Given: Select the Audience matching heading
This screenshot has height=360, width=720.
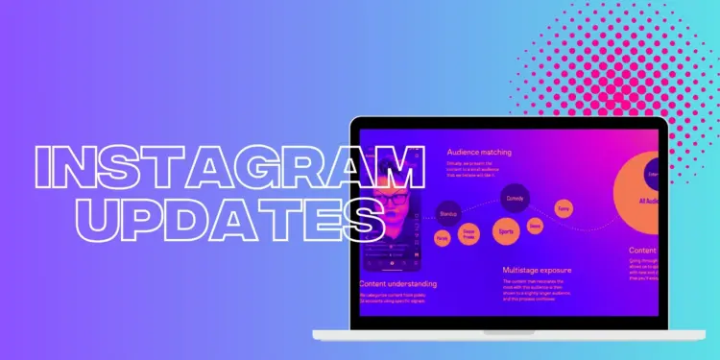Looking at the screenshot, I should [479, 152].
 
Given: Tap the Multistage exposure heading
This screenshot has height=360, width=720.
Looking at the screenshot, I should [537, 271].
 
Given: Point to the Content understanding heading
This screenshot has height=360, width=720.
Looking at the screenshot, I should [398, 283].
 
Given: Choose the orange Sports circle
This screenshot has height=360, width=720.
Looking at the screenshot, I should [506, 231].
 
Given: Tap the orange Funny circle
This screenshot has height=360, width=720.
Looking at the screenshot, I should [564, 207].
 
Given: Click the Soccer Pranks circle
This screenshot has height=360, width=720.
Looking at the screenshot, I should [469, 236].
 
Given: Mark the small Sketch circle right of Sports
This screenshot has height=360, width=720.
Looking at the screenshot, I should [535, 227].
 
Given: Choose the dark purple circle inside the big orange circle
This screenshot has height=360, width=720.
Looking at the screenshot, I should [652, 174].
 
